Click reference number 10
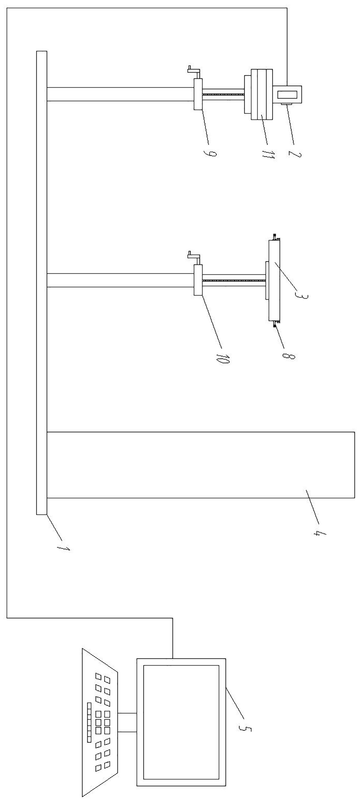[x=222, y=359]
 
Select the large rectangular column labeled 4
[x=201, y=465]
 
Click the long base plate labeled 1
[x=42, y=283]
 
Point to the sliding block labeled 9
[x=198, y=94]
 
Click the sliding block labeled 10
[x=198, y=280]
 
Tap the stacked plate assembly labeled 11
[x=261, y=94]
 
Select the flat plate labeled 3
[x=274, y=280]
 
